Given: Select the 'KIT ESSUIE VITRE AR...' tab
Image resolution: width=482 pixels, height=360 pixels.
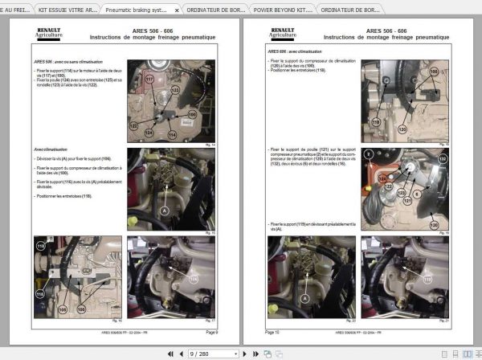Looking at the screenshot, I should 69,10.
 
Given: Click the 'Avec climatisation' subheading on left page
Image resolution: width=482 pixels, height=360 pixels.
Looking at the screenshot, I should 51,149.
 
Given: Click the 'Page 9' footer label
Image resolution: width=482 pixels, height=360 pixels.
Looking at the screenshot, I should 211,330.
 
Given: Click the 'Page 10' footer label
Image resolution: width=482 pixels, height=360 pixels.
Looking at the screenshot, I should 273,330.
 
